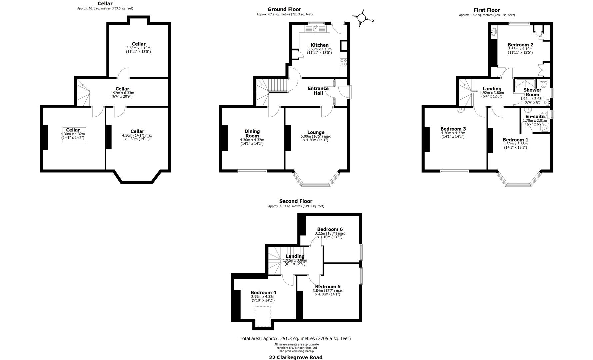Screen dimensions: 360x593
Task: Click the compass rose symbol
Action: (362, 18)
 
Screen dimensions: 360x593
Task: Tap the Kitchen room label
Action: (319, 45)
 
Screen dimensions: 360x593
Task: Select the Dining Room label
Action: (252, 133)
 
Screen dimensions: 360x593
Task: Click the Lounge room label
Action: (316, 132)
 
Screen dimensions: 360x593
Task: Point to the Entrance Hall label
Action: (318, 91)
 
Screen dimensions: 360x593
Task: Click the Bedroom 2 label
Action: (520, 45)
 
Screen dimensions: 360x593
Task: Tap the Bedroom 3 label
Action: (453, 129)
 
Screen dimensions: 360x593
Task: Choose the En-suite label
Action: (535, 117)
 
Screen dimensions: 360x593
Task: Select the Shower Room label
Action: (532, 92)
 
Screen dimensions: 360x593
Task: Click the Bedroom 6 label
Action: (330, 229)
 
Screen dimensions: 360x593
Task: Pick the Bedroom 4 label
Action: (263, 293)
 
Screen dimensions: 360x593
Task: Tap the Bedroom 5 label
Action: (328, 287)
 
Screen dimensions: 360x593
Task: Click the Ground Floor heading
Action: (284, 10)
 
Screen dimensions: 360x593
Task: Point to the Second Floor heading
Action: (296, 201)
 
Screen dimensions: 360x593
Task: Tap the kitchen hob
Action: (343, 62)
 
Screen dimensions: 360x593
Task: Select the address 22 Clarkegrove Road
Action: (296, 357)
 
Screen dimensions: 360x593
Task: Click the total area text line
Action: (295, 339)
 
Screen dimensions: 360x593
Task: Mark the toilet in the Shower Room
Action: (543, 83)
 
